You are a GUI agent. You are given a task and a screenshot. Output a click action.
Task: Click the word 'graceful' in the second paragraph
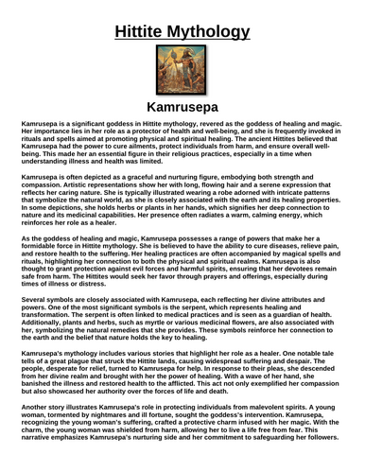point(131,177)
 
